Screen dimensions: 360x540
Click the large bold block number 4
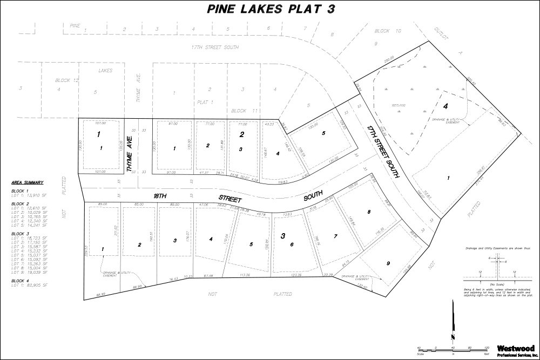point(446,106)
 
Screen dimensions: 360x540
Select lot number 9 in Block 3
point(388,263)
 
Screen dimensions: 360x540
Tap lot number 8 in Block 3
point(369,212)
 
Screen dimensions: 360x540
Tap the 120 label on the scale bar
point(487,348)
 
